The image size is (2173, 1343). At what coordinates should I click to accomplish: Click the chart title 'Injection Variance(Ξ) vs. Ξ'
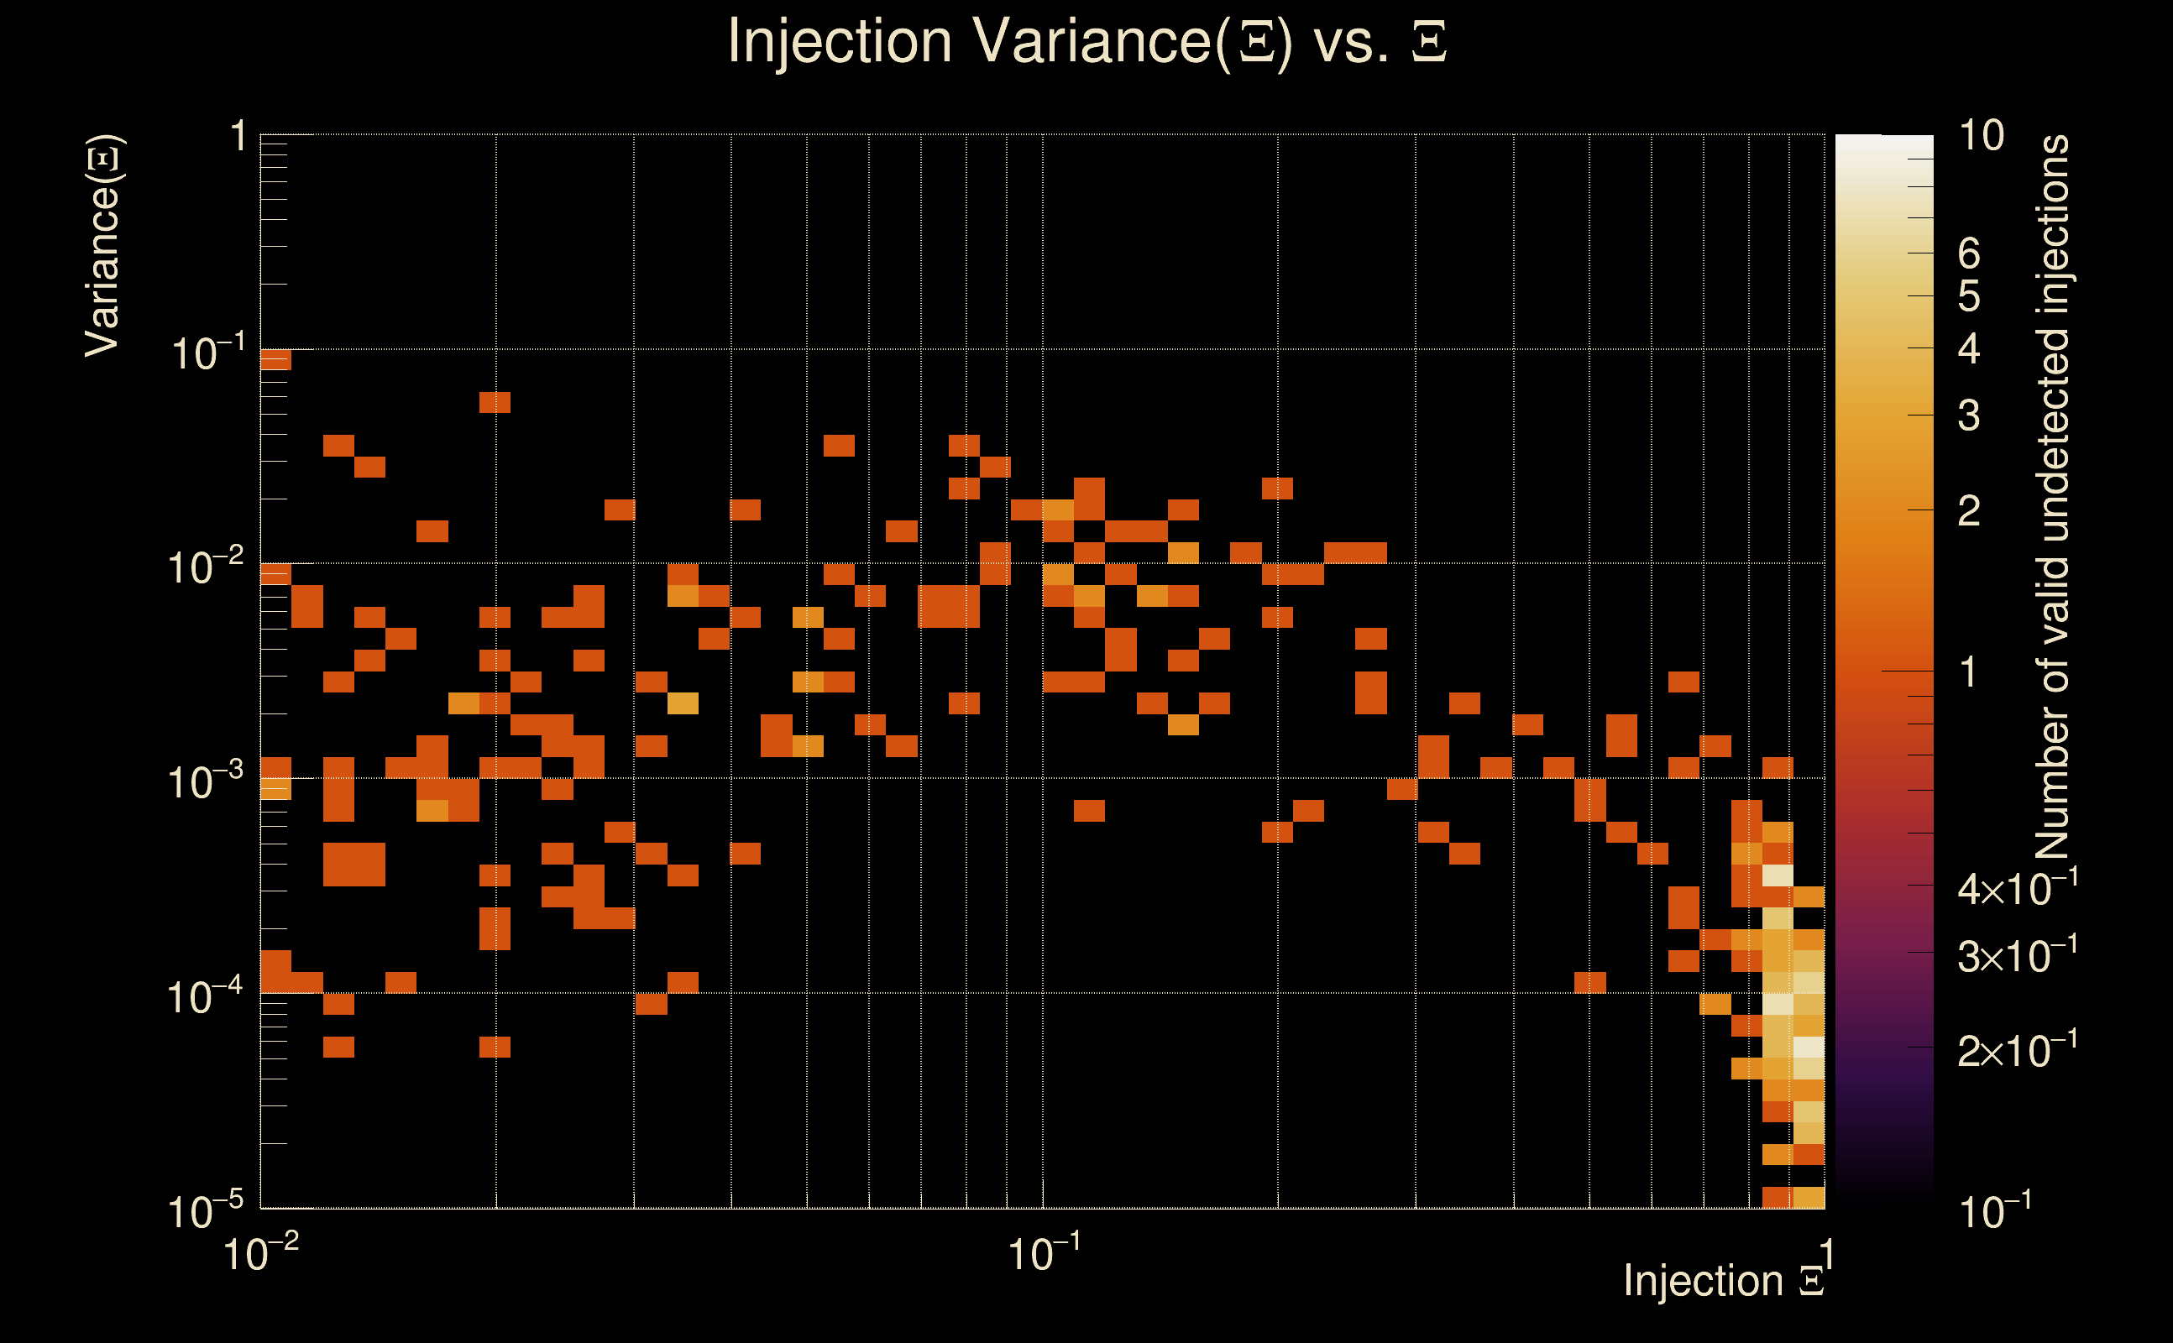point(1086,42)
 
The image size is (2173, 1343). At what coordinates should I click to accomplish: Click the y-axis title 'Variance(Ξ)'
point(102,246)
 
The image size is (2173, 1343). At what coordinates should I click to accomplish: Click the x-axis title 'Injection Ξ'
point(1724,1280)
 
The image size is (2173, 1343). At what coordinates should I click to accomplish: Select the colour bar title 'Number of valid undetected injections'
point(2052,498)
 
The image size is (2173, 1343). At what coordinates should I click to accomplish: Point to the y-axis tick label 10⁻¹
point(206,353)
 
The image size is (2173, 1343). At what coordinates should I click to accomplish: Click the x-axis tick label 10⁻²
point(261,1254)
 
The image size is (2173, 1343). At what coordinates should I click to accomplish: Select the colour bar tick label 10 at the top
point(1981,136)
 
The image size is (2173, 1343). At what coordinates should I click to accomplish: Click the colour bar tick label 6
point(1969,254)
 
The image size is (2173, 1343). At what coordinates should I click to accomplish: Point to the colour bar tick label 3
point(1969,415)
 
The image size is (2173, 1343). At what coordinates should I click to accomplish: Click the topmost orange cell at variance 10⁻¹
point(275,360)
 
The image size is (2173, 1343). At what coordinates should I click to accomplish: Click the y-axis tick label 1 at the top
point(238,137)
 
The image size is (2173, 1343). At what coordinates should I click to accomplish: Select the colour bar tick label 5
point(1969,296)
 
